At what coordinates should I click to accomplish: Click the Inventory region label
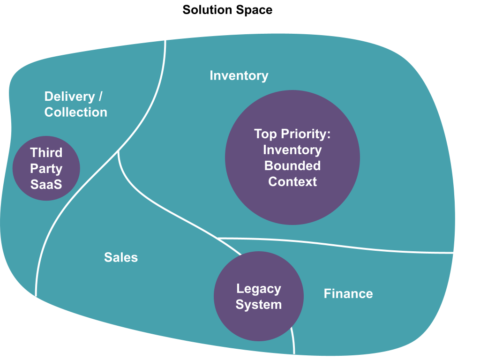tap(239, 75)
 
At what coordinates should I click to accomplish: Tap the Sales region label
tap(121, 257)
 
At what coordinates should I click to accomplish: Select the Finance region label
tap(348, 294)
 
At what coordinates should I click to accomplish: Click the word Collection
tap(76, 112)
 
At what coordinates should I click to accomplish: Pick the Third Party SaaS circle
tap(46, 168)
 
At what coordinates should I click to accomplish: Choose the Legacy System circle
tap(259, 297)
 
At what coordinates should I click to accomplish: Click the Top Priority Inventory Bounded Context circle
tap(292, 157)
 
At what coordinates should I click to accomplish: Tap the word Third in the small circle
tap(46, 152)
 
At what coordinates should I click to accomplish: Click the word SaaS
tap(46, 184)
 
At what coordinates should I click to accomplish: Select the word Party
tap(46, 168)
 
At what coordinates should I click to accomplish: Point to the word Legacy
tap(259, 289)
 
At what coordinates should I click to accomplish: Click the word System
tap(259, 305)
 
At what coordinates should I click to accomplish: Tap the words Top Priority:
tap(292, 134)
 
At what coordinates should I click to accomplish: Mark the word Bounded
tap(292, 165)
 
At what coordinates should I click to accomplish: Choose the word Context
tap(292, 181)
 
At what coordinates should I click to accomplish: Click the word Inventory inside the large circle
tap(292, 150)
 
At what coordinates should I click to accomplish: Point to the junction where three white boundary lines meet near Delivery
tap(119, 151)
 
